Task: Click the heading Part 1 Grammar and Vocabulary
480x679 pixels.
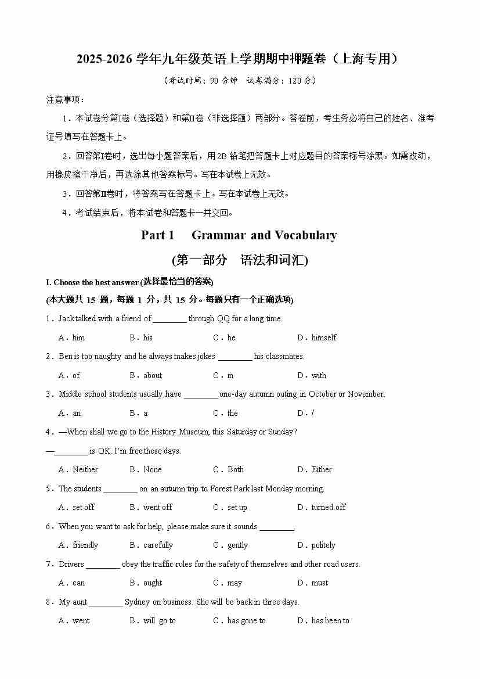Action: click(239, 235)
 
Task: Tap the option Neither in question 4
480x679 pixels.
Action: click(85, 469)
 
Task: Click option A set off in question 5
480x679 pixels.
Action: click(83, 507)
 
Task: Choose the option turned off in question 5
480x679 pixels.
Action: click(328, 507)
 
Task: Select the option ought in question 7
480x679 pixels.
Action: click(153, 583)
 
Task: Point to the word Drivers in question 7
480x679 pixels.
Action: click(71, 564)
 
